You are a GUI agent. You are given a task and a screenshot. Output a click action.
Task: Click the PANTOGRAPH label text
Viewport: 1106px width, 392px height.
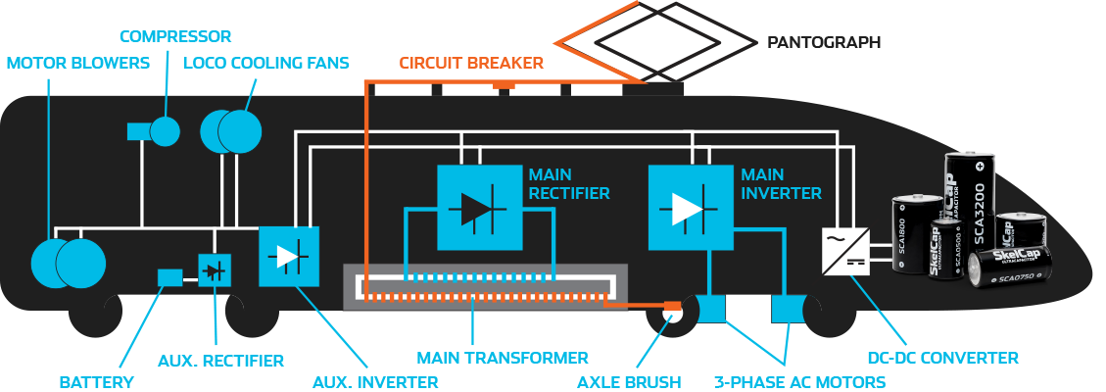823,43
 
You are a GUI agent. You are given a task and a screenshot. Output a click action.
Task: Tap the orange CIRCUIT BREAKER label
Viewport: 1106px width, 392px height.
470,64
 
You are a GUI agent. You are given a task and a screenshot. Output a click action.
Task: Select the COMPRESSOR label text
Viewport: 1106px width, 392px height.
175,37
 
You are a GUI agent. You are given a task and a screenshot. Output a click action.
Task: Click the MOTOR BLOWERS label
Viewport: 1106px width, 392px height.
78,64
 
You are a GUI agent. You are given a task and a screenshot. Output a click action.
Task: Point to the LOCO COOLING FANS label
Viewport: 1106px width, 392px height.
266,64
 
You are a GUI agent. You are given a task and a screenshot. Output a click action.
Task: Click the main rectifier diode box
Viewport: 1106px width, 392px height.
479,207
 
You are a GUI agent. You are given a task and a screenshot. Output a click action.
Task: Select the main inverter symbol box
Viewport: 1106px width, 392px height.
691,207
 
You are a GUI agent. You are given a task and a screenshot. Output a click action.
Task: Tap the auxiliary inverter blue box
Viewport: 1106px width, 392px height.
289,256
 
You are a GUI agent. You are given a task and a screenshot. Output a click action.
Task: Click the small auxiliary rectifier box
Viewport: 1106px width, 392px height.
215,269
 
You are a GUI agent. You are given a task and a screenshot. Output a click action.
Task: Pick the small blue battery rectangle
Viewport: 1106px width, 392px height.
169,277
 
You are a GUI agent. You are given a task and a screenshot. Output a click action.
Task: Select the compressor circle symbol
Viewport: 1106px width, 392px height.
165,130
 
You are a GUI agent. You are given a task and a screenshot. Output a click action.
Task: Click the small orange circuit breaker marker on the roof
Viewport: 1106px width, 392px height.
504,86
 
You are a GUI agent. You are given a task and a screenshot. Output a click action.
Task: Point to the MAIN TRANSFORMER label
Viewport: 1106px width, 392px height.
503,358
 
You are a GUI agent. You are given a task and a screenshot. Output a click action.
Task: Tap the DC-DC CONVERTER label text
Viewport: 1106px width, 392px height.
943,358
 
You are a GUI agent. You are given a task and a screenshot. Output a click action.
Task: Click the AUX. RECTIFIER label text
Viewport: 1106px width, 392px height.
220,361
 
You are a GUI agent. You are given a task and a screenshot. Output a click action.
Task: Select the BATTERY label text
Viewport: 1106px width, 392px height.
96,381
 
